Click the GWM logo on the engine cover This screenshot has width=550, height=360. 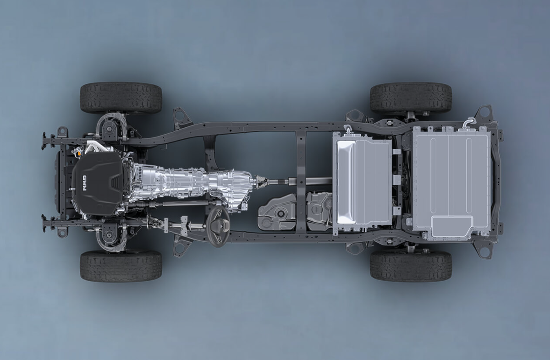[85, 183]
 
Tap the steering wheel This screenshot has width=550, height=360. [218, 226]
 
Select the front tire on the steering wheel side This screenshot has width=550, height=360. [121, 266]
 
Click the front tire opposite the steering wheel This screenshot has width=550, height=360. [121, 98]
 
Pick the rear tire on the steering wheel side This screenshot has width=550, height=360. [411, 266]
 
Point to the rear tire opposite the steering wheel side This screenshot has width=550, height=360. [411, 98]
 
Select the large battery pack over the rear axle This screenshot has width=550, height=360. [451, 183]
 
